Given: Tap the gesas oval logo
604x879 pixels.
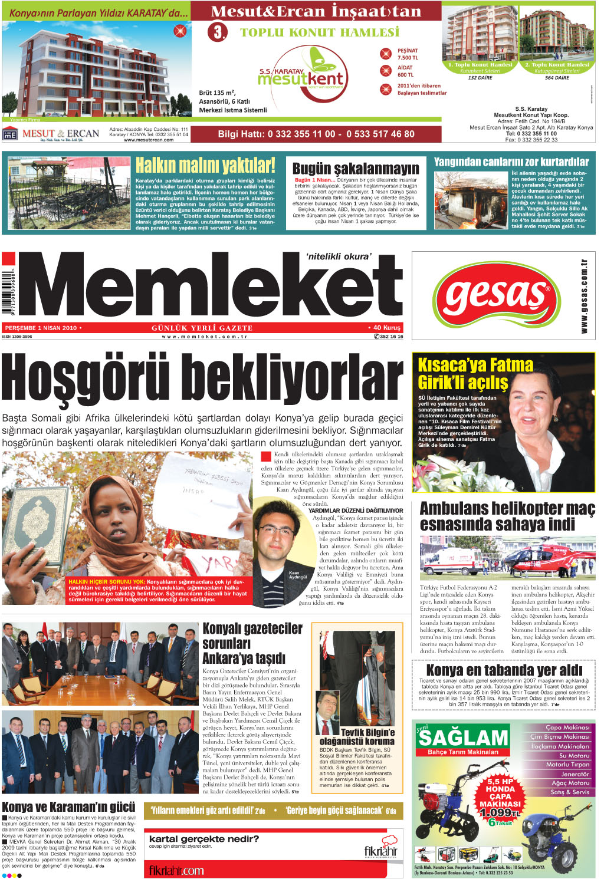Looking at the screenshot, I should click(x=496, y=295).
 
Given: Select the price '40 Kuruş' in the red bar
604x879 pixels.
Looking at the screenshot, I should click(x=386, y=328).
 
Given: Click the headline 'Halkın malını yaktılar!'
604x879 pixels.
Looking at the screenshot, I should click(x=205, y=166).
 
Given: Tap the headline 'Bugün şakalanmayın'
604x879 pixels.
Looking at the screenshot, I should click(x=356, y=169).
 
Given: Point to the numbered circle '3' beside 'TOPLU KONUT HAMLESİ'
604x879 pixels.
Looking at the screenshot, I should click(x=218, y=32).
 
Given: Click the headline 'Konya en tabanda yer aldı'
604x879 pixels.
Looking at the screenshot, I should click(x=504, y=670).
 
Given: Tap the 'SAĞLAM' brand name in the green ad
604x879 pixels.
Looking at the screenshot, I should click(x=463, y=738).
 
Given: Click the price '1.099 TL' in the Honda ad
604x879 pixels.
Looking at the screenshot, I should click(x=500, y=812).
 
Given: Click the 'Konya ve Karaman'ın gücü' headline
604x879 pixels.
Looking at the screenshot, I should click(x=68, y=806).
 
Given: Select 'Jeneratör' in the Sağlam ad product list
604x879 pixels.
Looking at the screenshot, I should click(x=575, y=774).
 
